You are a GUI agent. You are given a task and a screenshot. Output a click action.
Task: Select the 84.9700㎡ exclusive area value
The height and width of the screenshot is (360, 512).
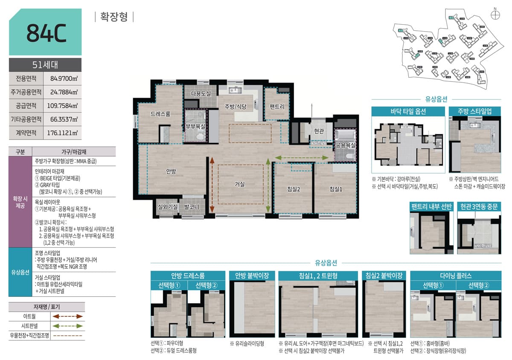[x=64, y=78]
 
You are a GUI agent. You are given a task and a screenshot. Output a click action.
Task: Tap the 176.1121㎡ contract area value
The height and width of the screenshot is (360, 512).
[x=64, y=133]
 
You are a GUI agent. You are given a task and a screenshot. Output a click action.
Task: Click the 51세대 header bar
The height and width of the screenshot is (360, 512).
[x=45, y=65]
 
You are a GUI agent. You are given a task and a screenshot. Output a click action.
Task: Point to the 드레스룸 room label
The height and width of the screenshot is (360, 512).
[x=160, y=114]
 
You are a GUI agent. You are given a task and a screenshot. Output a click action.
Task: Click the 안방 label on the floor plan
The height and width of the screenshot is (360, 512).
[x=171, y=171]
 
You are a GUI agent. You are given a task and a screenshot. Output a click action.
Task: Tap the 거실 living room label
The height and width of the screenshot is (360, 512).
[x=239, y=184]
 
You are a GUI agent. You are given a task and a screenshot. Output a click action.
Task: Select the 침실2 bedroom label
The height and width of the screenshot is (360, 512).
[x=294, y=189]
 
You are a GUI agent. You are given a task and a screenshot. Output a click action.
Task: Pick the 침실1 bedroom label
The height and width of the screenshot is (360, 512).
[x=336, y=189]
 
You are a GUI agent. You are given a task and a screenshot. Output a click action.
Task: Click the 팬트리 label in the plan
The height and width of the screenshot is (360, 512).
[x=277, y=106]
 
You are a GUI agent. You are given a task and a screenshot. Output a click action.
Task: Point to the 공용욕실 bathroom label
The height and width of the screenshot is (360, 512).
[x=345, y=145]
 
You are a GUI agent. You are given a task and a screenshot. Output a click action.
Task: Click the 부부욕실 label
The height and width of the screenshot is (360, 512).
[x=195, y=127]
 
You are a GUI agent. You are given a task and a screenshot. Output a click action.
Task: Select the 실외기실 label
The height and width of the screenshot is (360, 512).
[x=167, y=207]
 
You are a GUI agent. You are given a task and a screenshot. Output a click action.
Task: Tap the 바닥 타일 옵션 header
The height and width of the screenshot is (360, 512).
[x=408, y=111]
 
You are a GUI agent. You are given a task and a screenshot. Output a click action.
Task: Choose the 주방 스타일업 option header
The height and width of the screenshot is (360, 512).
[x=474, y=111]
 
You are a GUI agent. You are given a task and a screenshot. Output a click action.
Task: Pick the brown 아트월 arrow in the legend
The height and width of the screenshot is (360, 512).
[x=67, y=316]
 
